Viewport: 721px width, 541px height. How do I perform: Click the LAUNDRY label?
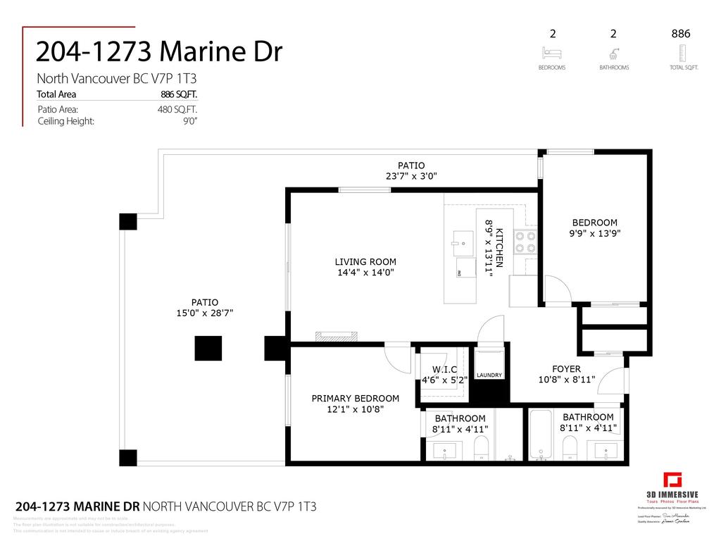click(489, 375)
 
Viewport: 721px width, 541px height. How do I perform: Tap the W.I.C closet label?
click(444, 370)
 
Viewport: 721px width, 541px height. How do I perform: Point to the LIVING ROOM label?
click(365, 261)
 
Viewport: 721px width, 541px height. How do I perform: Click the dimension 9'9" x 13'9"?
click(596, 233)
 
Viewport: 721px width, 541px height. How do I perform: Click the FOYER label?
click(566, 368)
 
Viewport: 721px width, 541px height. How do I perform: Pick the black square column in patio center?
click(208, 348)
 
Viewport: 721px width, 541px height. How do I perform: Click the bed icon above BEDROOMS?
click(551, 53)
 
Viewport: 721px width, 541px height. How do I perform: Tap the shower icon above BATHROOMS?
click(613, 53)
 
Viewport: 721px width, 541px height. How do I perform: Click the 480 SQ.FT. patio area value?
click(177, 109)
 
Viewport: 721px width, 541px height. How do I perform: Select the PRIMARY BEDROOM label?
click(355, 398)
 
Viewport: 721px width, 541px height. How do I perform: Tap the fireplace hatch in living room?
click(337, 336)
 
